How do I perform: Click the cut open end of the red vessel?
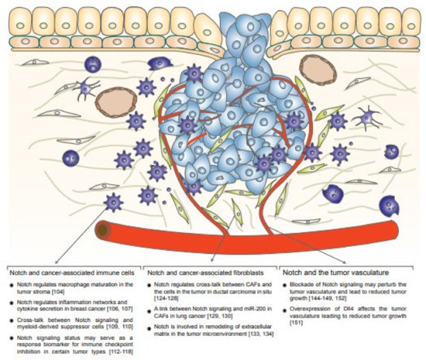(101, 230)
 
